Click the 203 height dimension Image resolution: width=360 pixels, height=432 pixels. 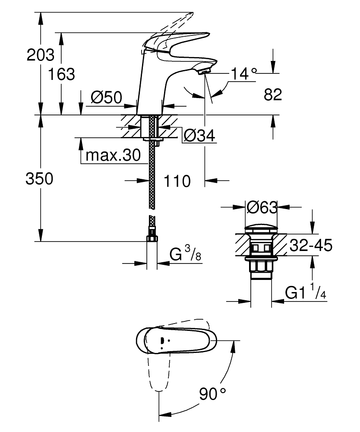(x=41, y=55)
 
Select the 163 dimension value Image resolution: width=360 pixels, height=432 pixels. (x=61, y=74)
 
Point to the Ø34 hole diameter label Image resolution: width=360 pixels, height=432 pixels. (x=199, y=136)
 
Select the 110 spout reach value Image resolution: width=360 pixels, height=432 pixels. (x=177, y=181)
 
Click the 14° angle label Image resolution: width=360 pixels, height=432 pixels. (x=243, y=74)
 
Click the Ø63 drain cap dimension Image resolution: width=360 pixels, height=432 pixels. (x=262, y=208)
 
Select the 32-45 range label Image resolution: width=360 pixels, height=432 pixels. (x=310, y=246)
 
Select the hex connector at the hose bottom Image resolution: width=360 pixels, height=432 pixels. (x=152, y=238)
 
